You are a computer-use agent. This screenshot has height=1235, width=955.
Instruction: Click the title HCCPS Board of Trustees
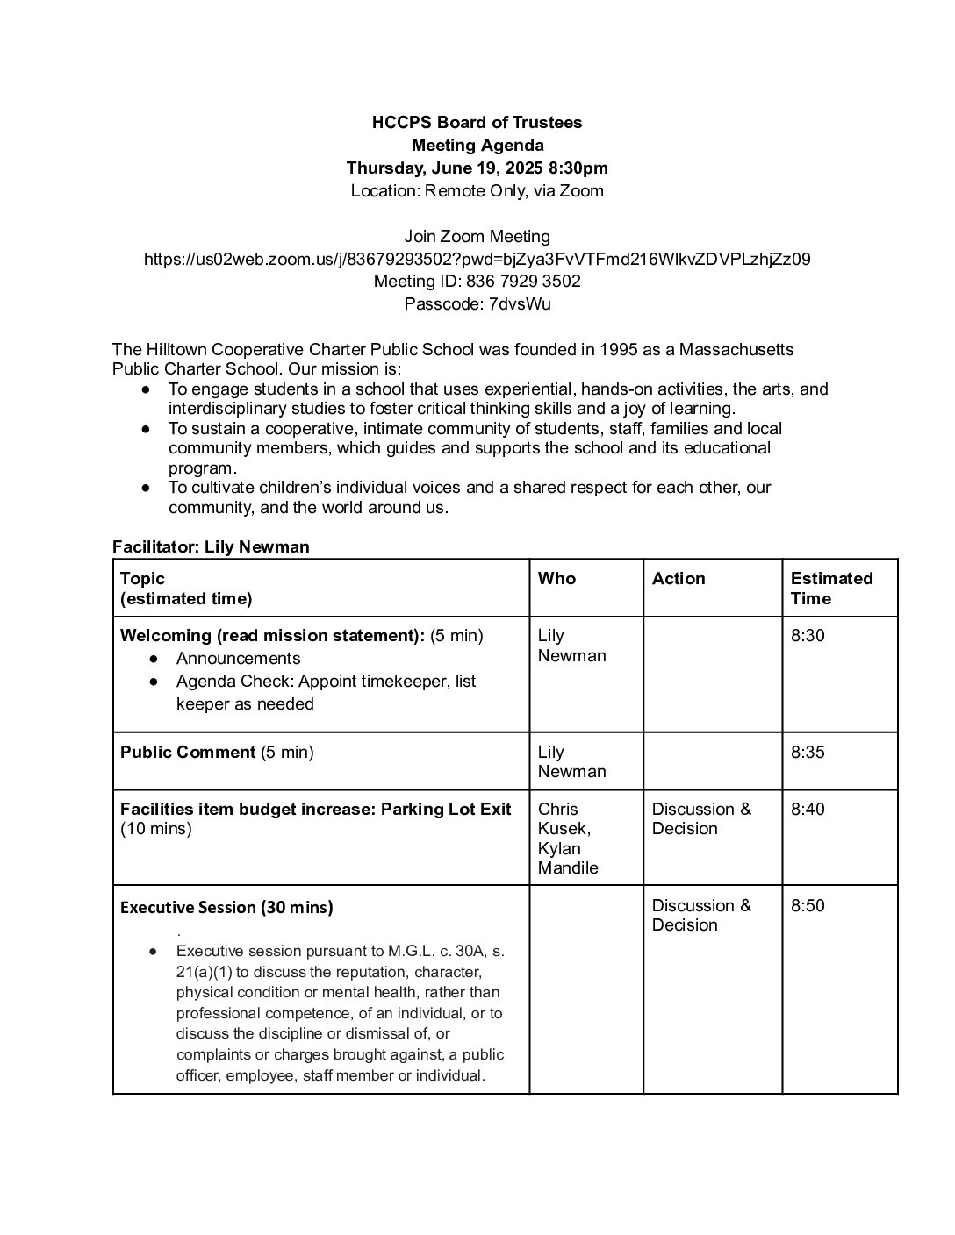[477, 123]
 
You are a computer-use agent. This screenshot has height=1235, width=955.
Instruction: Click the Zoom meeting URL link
[477, 260]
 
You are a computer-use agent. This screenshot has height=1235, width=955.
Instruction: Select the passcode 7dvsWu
[520, 304]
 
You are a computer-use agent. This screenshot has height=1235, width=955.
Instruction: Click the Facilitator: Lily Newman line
[211, 547]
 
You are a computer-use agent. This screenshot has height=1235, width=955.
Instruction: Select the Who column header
[556, 579]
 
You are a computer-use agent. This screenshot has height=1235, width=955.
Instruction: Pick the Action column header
[679, 579]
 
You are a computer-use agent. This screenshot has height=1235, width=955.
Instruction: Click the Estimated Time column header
[831, 589]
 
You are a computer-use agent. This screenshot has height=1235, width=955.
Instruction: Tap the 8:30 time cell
[808, 636]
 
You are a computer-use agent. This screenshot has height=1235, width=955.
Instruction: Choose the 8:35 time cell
[808, 753]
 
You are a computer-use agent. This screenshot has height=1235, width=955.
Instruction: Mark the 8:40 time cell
[808, 810]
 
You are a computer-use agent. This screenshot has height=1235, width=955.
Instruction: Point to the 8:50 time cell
[808, 906]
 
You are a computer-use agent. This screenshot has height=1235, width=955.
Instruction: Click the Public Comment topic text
[188, 753]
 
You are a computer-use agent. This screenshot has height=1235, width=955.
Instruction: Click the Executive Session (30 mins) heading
[226, 908]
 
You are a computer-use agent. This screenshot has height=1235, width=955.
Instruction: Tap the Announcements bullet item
[238, 659]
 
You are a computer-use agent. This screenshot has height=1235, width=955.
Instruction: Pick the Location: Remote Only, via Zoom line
[477, 191]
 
